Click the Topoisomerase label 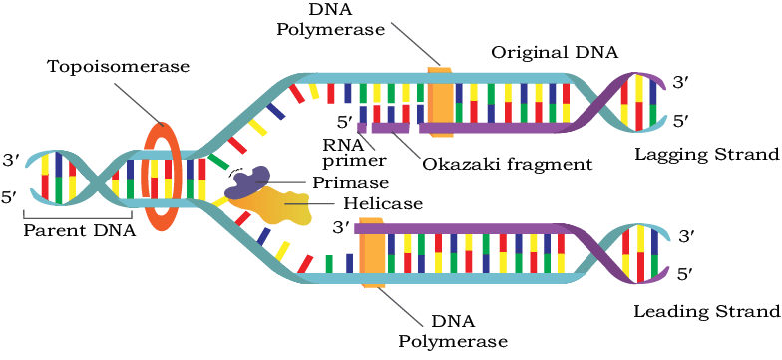click(x=118, y=66)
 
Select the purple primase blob click(x=248, y=181)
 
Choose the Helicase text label click(x=383, y=203)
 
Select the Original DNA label click(x=555, y=52)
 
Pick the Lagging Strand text click(x=706, y=154)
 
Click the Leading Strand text click(x=706, y=312)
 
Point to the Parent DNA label click(x=80, y=231)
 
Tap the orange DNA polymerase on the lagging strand click(x=441, y=100)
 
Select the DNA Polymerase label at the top click(x=330, y=20)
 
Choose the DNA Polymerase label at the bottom click(x=454, y=333)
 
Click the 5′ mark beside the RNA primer click(x=342, y=121)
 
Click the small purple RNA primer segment click(x=363, y=128)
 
